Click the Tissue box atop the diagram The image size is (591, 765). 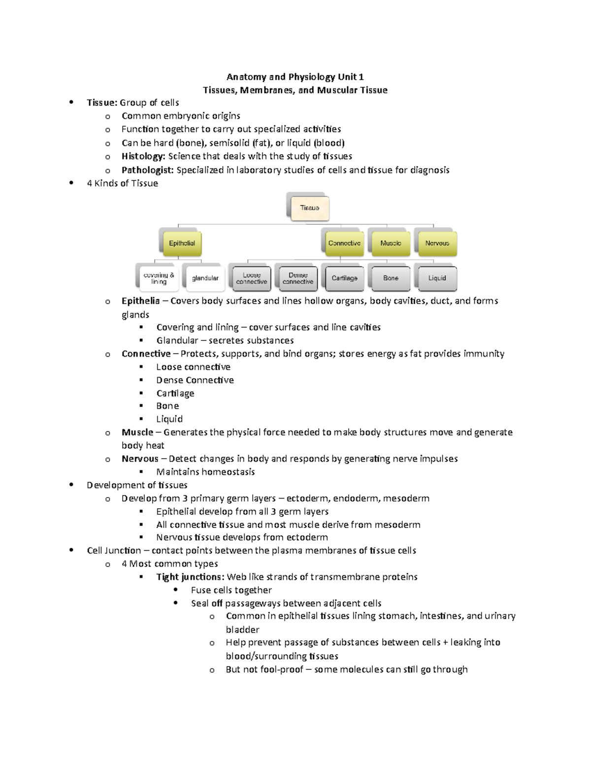tap(310, 208)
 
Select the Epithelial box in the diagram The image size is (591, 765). tap(182, 243)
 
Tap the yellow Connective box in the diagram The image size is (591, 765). tap(344, 243)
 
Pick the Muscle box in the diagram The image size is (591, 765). tap(391, 243)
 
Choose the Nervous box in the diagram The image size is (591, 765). tap(437, 243)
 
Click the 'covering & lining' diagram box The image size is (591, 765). tap(159, 278)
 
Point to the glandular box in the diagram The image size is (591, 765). tap(205, 278)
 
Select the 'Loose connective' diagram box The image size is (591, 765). tap(251, 278)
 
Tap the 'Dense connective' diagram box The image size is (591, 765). tap(298, 278)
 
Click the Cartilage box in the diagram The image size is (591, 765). tap(344, 278)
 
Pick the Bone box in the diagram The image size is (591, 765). tap(391, 278)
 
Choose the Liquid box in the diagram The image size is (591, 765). tap(437, 278)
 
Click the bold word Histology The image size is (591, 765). tap(143, 157)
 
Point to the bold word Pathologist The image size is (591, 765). tap(147, 170)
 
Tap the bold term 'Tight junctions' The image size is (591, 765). tap(190, 577)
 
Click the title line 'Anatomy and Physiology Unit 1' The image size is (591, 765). tap(295, 77)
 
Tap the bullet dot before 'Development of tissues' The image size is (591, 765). tap(72, 485)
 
